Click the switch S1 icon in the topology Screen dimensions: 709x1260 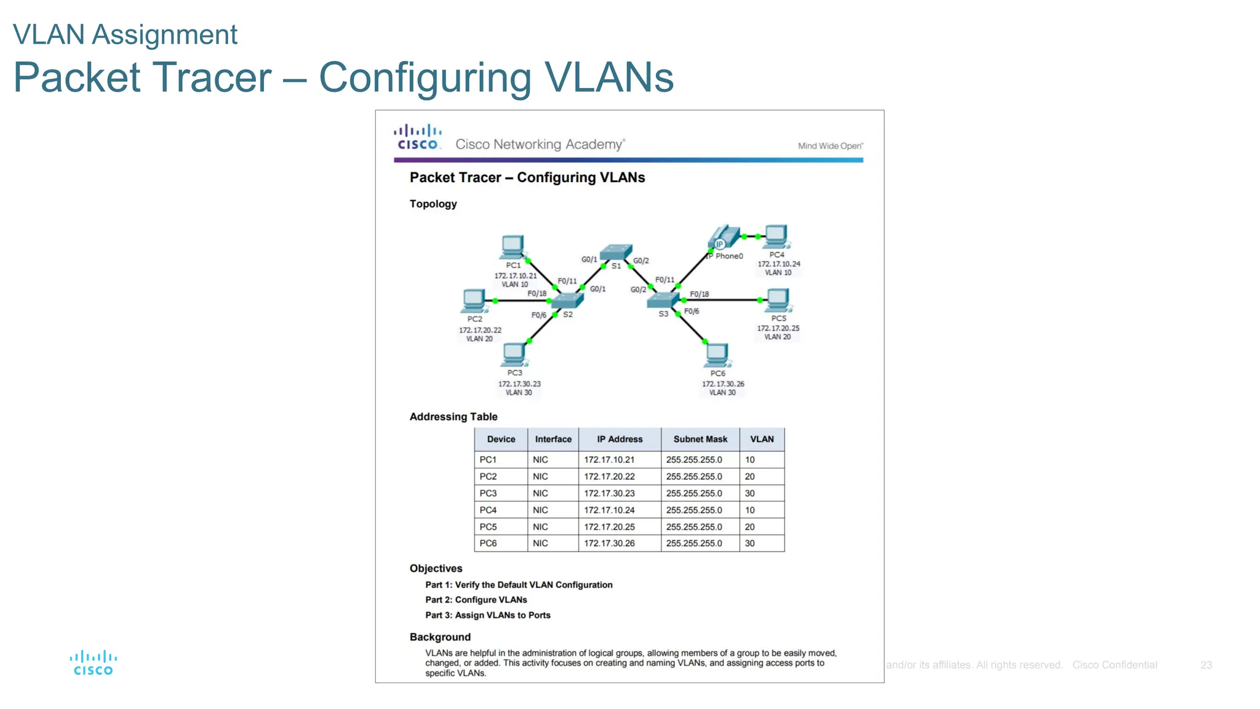click(616, 252)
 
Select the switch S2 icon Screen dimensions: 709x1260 click(567, 300)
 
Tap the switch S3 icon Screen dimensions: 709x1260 click(663, 300)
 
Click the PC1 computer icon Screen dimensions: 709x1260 click(512, 247)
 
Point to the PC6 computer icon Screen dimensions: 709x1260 click(717, 355)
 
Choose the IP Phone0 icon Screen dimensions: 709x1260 click(724, 238)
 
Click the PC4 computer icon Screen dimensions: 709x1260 click(776, 236)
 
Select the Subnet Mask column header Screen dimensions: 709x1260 click(700, 439)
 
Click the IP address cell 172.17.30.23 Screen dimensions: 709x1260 click(609, 494)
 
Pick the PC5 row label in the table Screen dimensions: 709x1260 click(488, 527)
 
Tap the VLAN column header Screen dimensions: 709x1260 click(762, 439)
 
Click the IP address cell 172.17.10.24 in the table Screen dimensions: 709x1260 click(609, 510)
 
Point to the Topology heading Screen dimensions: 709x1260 click(433, 204)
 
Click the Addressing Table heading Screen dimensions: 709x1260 click(453, 417)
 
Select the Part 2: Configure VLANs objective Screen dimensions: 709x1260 click(476, 600)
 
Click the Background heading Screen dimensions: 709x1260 click(440, 637)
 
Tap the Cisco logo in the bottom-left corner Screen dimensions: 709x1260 click(93, 663)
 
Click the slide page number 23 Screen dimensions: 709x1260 click(1206, 665)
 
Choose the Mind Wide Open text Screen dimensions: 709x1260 click(830, 146)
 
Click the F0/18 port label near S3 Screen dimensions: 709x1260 click(699, 294)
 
